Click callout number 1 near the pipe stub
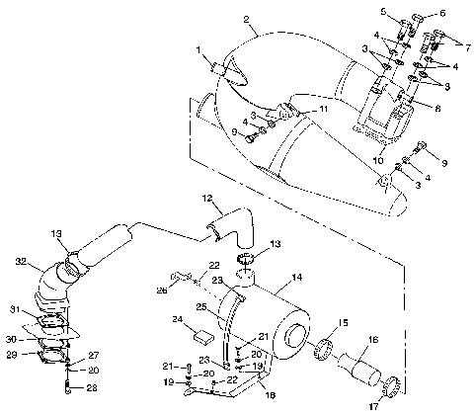(197, 48)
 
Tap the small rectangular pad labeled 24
(185, 335)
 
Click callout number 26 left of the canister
(161, 290)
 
